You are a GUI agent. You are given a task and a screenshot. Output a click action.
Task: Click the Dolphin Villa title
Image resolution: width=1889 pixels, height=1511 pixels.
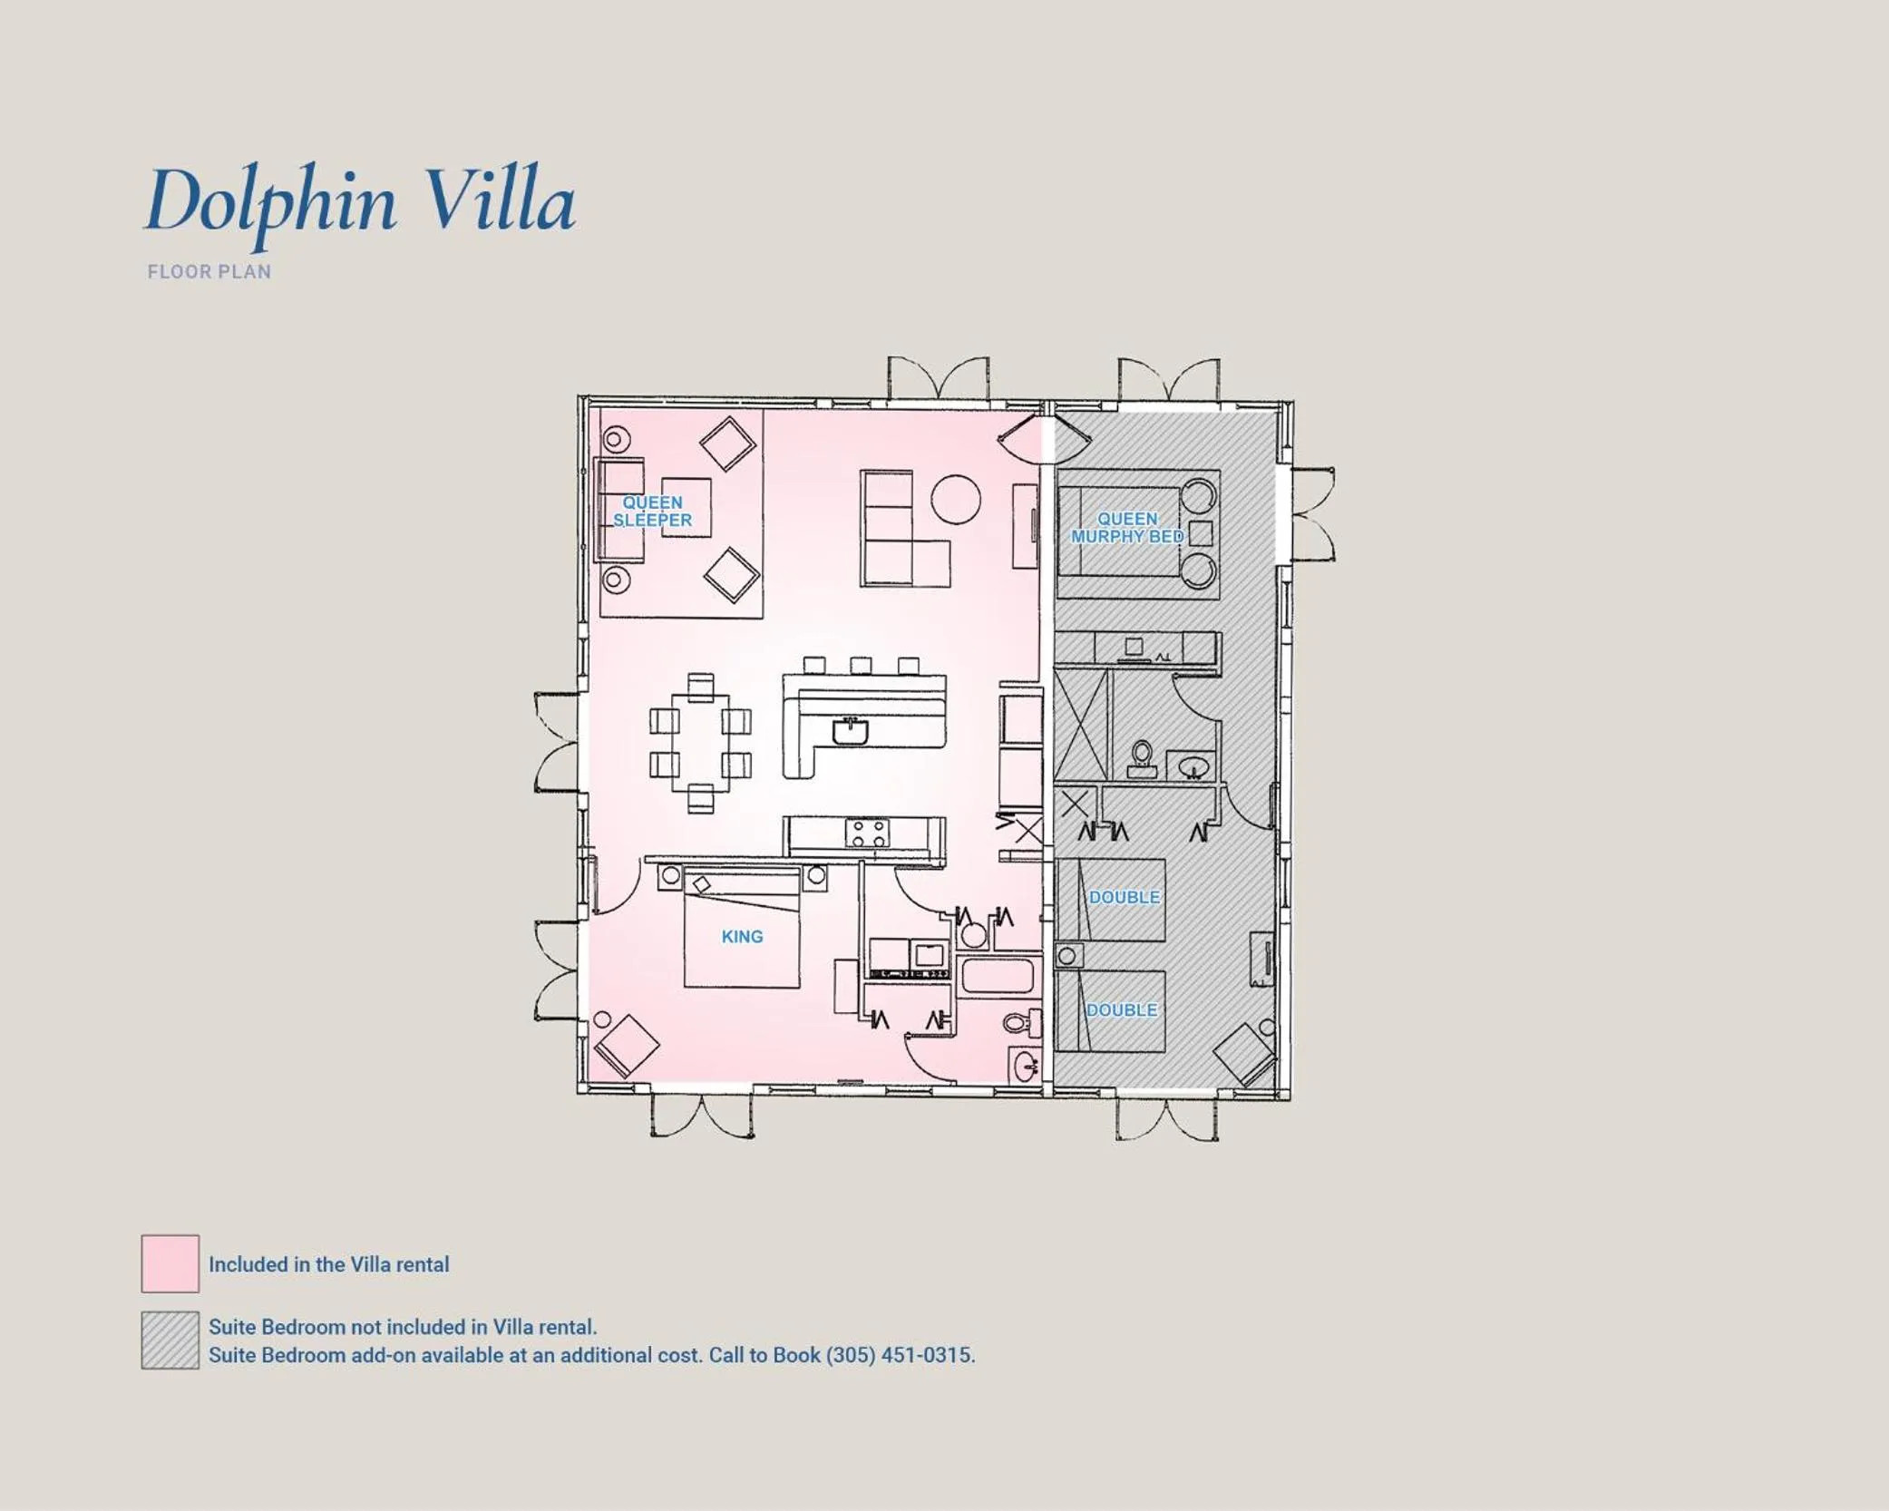pos(360,201)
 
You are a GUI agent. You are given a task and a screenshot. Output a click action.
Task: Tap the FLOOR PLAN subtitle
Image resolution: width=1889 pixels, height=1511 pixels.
pos(209,272)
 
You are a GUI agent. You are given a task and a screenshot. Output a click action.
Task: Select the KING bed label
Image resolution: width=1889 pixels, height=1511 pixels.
pos(742,937)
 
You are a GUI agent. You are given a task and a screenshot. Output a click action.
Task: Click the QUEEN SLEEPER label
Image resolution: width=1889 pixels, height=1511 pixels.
pos(652,512)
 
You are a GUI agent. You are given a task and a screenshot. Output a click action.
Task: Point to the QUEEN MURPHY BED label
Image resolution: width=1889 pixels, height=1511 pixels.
pos(1127,528)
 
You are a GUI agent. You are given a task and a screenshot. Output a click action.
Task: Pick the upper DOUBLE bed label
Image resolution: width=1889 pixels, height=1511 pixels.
pos(1124,897)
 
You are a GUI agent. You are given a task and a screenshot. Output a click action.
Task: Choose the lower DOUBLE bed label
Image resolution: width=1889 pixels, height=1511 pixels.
pos(1122,1010)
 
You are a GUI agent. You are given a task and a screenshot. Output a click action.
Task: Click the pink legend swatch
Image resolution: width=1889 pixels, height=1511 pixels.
pos(170,1263)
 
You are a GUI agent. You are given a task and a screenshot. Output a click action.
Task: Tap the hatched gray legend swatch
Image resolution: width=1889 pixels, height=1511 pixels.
pos(170,1340)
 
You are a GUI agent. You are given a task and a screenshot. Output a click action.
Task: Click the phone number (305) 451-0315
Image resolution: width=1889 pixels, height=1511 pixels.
pos(900,1355)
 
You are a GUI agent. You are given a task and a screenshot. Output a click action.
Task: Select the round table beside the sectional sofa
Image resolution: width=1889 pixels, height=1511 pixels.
pos(956,500)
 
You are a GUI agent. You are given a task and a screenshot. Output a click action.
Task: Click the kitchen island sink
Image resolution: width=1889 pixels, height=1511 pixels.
pos(850,730)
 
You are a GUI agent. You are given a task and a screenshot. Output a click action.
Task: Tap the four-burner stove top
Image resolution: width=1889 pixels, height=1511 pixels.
pos(868,833)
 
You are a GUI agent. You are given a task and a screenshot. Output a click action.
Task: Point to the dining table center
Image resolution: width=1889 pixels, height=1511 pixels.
pos(700,743)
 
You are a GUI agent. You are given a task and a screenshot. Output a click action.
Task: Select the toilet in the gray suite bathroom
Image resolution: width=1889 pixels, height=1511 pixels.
pos(1142,758)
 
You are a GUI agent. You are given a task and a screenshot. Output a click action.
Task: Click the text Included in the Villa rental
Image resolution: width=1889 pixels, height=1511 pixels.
pos(328,1264)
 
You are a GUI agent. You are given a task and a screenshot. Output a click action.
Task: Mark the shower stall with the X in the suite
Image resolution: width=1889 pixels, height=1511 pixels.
pos(1082,725)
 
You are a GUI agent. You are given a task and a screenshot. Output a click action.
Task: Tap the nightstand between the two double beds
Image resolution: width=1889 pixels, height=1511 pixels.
pos(1068,955)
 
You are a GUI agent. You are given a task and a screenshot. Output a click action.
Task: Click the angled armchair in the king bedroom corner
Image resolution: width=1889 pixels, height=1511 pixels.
pos(625,1045)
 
